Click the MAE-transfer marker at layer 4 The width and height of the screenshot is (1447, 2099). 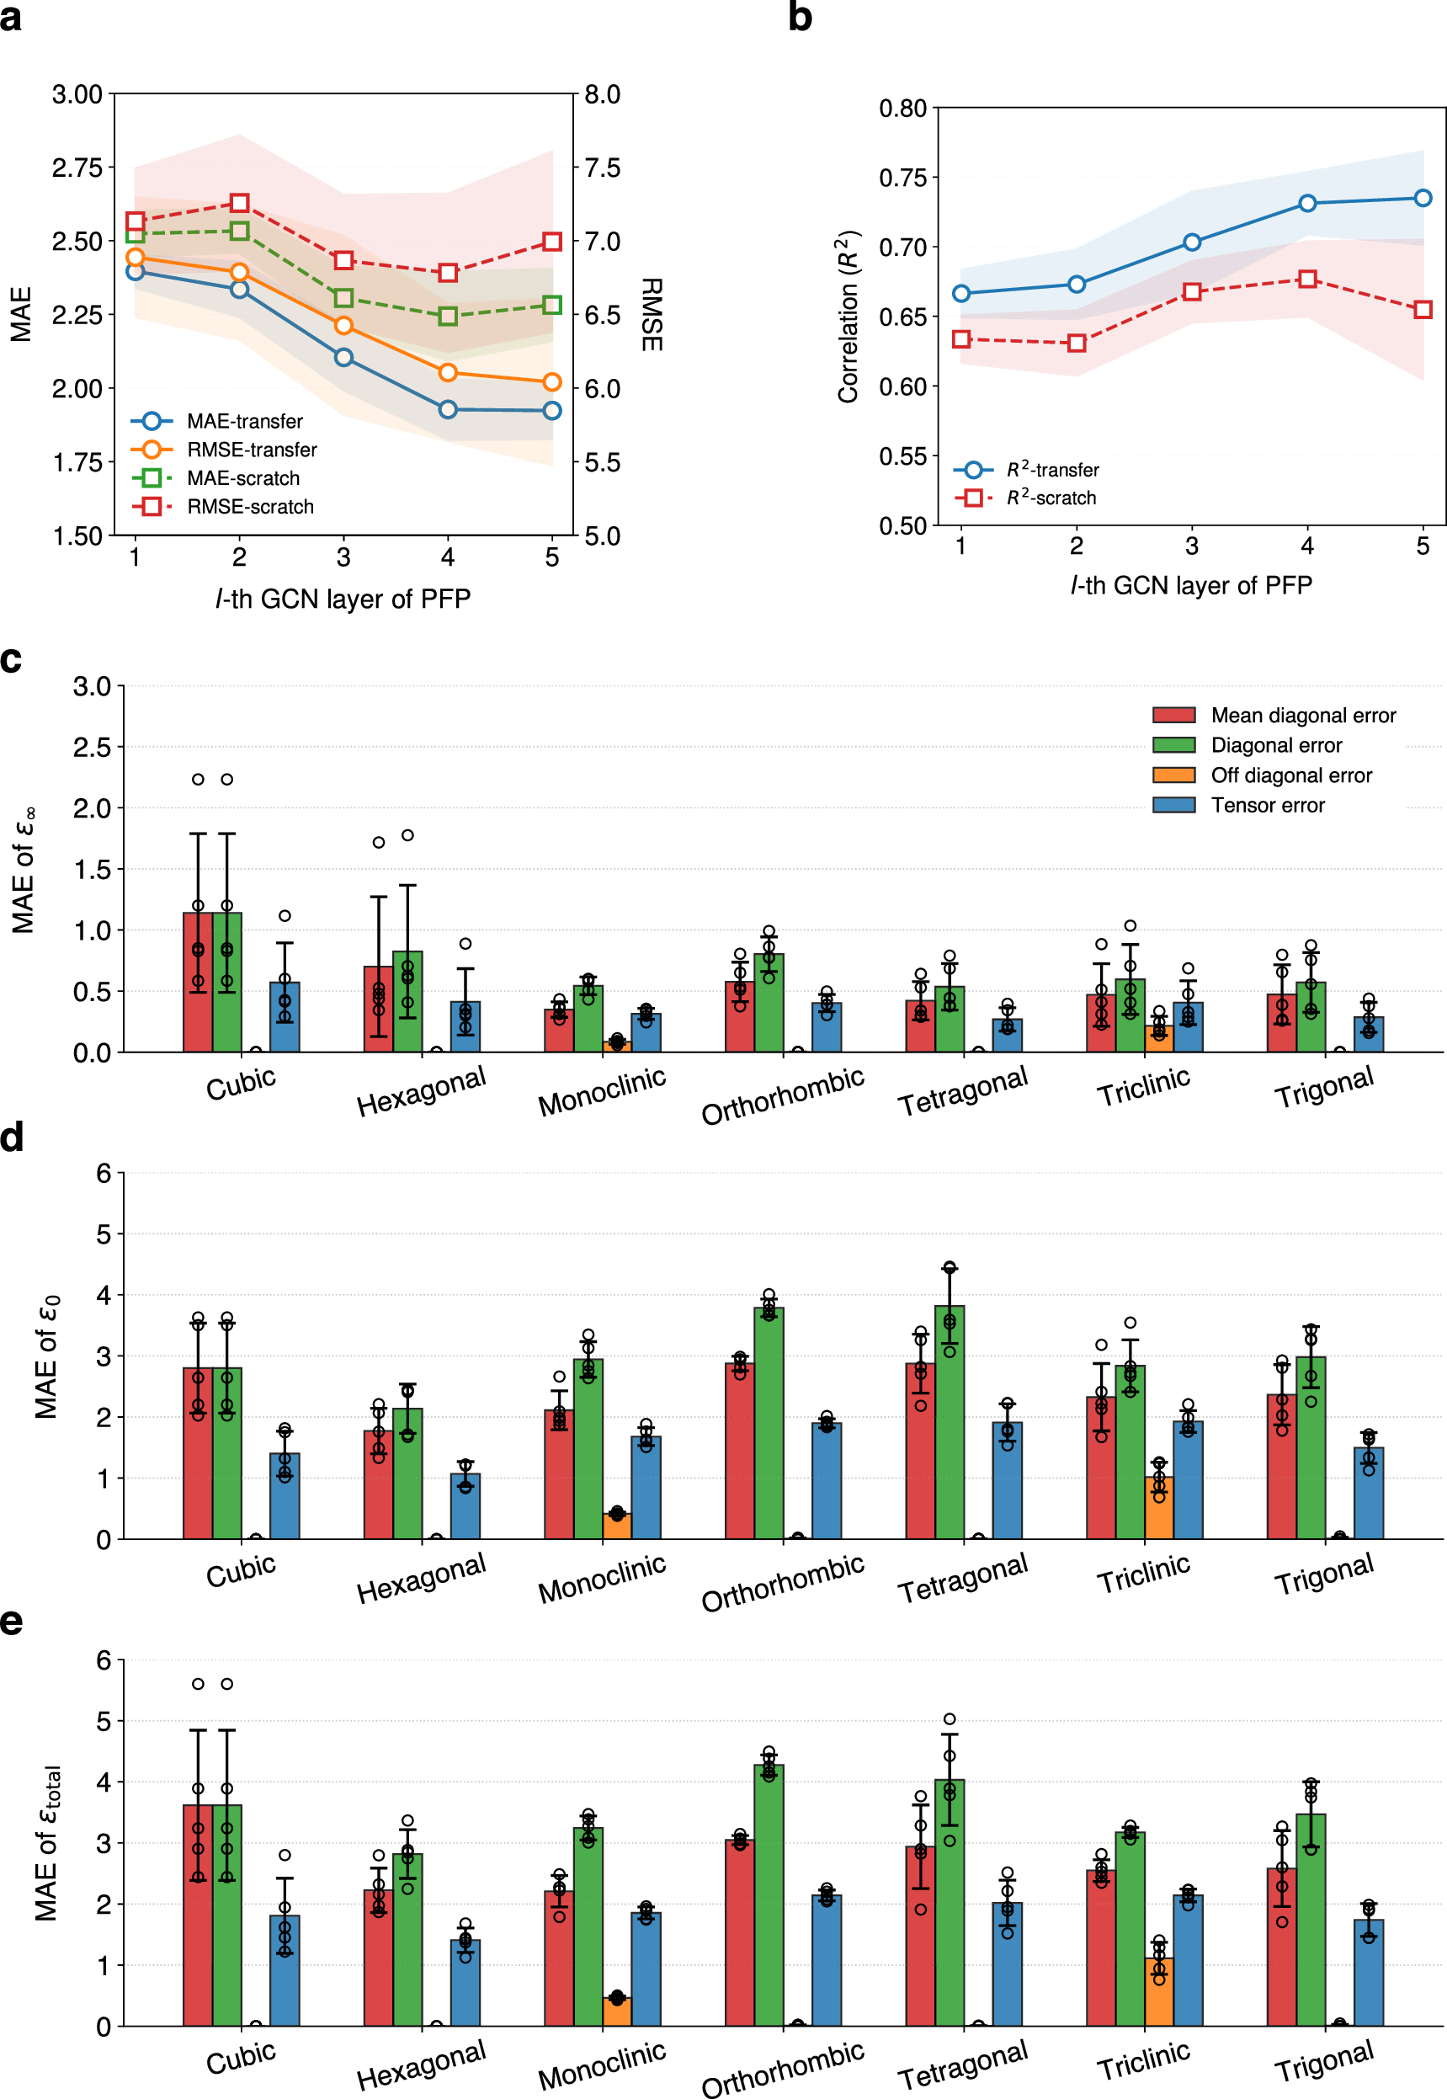pyautogui.click(x=448, y=410)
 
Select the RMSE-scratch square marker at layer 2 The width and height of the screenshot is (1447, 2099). pyautogui.click(x=239, y=202)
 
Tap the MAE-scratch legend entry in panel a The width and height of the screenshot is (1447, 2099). pyautogui.click(x=243, y=478)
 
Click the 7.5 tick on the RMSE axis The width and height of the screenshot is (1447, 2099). pyautogui.click(x=602, y=168)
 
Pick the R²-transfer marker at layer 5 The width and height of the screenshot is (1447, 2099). pyautogui.click(x=1423, y=198)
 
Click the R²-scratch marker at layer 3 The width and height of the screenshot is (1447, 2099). pyautogui.click(x=1192, y=292)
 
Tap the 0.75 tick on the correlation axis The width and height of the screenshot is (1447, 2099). pyautogui.click(x=903, y=178)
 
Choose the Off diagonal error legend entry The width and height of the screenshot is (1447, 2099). pyautogui.click(x=1290, y=775)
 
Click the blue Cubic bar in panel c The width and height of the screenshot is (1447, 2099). pyautogui.click(x=285, y=1016)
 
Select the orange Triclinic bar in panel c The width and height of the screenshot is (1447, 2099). pyautogui.click(x=1158, y=1038)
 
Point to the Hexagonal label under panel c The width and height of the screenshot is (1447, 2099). pyautogui.click(x=422, y=1090)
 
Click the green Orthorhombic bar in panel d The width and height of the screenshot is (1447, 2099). pyautogui.click(x=769, y=1423)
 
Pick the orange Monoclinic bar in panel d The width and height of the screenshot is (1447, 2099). pyautogui.click(x=616, y=1525)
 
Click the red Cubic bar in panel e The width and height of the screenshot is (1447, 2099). pyautogui.click(x=198, y=1914)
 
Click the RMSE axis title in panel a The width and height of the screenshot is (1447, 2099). pyautogui.click(x=651, y=315)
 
